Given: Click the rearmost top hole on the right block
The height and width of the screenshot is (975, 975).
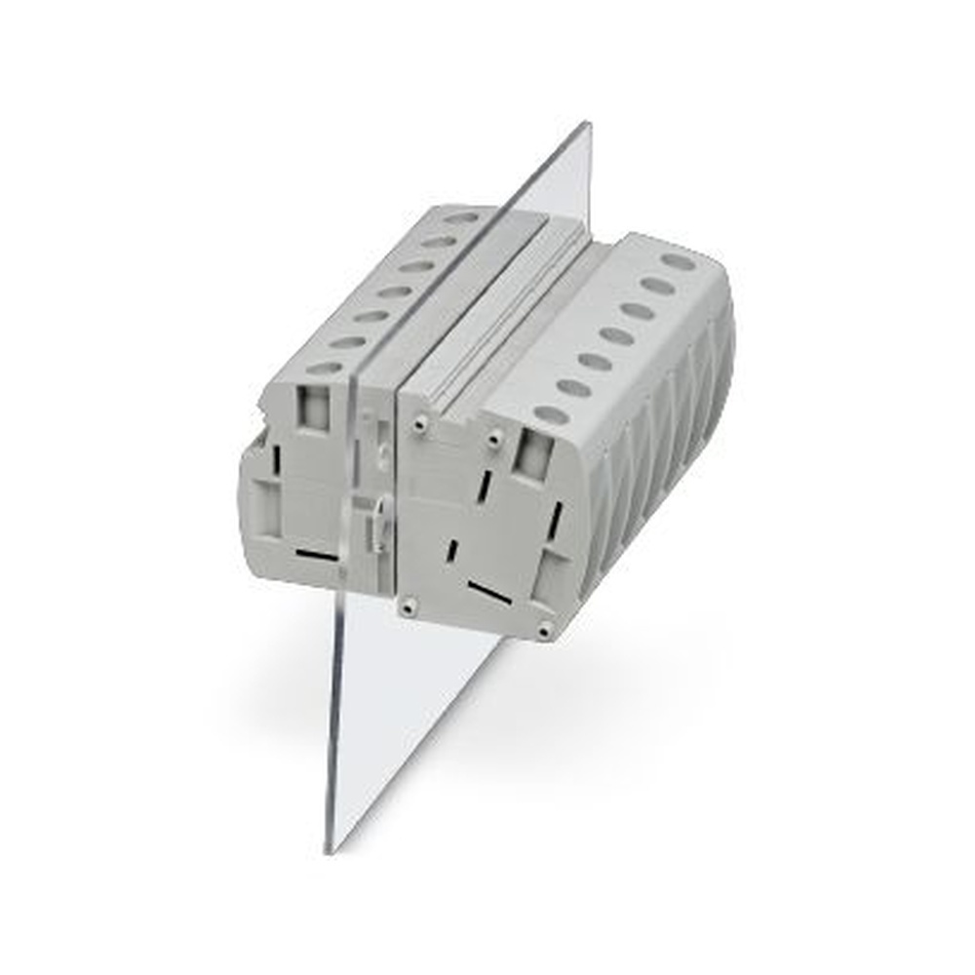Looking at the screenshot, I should point(678,261).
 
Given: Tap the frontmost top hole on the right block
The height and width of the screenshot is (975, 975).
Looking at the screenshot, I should point(552,414).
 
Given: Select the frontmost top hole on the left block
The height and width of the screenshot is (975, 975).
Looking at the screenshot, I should point(325,369).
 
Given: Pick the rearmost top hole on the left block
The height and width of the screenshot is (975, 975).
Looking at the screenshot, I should point(461,218).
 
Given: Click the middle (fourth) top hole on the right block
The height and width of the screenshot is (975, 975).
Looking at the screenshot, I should point(616,336).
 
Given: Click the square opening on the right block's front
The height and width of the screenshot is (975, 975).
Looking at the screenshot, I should point(533,455).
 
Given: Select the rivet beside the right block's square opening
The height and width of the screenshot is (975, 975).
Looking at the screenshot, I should point(494,441).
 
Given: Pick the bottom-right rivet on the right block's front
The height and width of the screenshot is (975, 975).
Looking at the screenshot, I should point(543,631).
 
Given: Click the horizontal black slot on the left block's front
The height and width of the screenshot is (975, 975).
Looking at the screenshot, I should point(317,555).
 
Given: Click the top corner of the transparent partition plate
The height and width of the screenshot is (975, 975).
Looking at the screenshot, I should point(587,125).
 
